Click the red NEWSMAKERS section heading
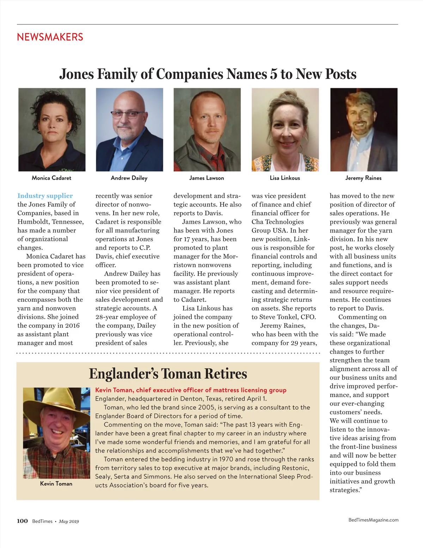[x=50, y=37]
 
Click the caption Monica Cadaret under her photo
[x=51, y=178]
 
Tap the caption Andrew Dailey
[x=129, y=178]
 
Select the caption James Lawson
[x=207, y=178]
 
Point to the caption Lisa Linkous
[x=285, y=178]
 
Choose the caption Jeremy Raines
[x=363, y=178]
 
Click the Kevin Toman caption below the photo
[x=56, y=484]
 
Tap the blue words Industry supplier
[x=45, y=196]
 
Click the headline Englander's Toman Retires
[x=168, y=374]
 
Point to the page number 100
[x=22, y=521]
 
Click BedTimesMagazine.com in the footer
[x=373, y=520]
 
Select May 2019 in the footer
[x=69, y=522]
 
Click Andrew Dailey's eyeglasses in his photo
[x=128, y=114]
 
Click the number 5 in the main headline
[x=274, y=74]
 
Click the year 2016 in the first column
[x=72, y=325]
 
